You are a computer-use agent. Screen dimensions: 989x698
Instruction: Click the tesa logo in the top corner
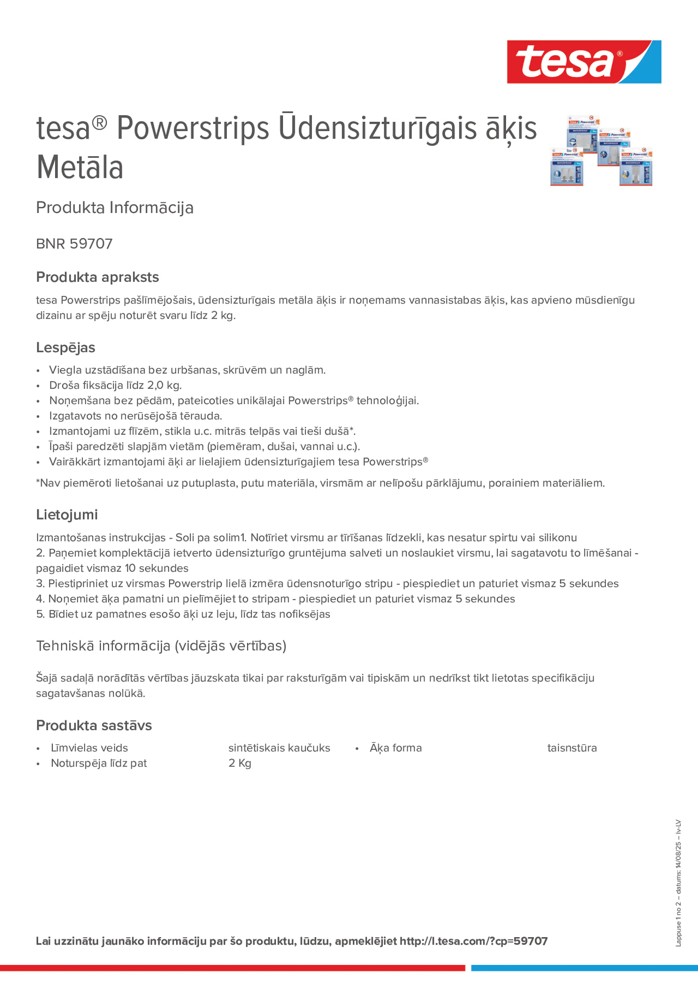584,61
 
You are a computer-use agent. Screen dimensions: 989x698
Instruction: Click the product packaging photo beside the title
601,150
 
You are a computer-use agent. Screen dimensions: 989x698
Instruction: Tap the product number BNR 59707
74,244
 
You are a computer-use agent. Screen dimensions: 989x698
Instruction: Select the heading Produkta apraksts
97,277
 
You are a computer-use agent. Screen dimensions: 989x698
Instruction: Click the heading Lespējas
65,347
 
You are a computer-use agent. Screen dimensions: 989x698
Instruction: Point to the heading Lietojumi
67,514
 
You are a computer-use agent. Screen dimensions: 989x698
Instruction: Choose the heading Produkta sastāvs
94,725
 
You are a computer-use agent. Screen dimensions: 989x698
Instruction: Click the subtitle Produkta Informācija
114,208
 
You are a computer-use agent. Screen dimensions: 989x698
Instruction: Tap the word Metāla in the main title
80,168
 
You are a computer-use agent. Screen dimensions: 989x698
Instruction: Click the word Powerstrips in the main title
193,128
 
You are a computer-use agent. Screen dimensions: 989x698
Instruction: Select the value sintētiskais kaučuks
279,748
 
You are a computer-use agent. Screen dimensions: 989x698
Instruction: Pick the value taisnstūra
572,748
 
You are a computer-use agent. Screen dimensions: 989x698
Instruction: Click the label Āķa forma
395,748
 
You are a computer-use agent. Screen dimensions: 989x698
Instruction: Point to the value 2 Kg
240,763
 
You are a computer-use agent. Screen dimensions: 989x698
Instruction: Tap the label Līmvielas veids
89,748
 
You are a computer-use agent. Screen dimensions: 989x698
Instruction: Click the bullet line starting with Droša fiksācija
115,385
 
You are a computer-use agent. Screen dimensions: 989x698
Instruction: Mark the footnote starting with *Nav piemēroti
320,483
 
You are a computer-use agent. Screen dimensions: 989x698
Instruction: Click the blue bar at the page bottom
584,968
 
